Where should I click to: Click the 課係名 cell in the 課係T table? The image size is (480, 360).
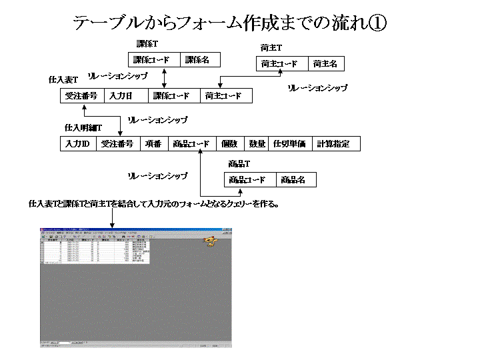[197, 60]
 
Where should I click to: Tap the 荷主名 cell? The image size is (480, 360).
[325, 64]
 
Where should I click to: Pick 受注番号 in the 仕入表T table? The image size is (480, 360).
[81, 96]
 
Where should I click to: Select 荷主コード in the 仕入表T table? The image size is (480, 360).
[226, 96]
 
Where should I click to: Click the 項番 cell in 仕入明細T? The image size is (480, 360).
[153, 143]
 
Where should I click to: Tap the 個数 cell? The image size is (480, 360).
[229, 143]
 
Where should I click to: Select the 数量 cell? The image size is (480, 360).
[257, 143]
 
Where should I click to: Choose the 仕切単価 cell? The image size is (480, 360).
[290, 143]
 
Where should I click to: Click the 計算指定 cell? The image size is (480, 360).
[335, 143]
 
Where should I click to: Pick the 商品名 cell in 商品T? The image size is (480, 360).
[293, 179]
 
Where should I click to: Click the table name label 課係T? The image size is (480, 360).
[147, 43]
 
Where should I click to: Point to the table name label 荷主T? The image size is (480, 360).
[271, 48]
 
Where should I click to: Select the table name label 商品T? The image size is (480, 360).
[238, 164]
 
